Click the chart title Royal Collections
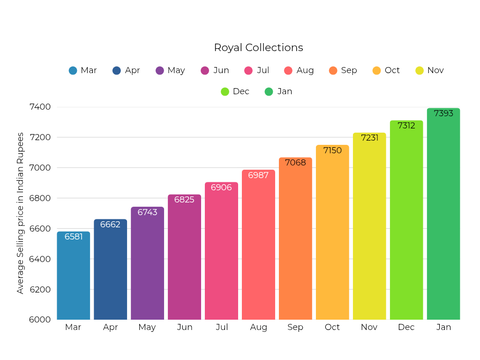(258, 48)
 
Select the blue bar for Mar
(74, 277)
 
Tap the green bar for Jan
(443, 216)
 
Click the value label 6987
(258, 175)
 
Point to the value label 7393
(443, 113)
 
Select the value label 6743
(147, 212)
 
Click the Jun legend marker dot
(205, 71)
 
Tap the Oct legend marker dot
(376, 71)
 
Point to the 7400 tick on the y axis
(40, 107)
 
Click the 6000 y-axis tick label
(40, 320)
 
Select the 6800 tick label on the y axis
(40, 198)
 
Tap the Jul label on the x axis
(222, 327)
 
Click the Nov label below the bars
(369, 327)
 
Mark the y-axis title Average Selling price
(20, 213)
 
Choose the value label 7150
(332, 150)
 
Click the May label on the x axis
(147, 327)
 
